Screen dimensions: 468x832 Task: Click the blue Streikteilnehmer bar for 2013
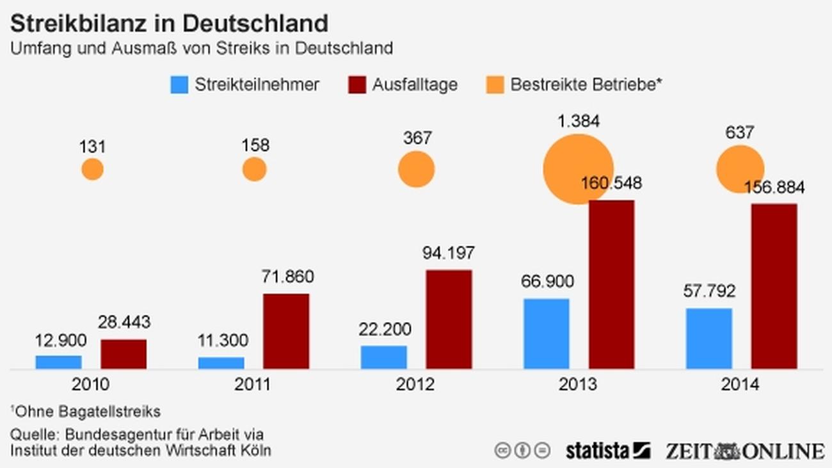pos(546,334)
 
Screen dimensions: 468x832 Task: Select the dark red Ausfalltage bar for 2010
pos(124,354)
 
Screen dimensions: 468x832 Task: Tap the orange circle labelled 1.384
pos(578,169)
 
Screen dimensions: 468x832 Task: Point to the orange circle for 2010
pos(92,170)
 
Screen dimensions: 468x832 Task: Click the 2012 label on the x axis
pos(415,385)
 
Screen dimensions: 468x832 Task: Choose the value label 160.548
pos(611,184)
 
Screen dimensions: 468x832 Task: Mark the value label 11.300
pos(222,341)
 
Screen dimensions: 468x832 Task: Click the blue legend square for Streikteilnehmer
pos(179,85)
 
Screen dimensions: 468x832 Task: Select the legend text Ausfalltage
pos(415,85)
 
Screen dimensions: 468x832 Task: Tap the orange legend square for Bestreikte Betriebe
pos(494,85)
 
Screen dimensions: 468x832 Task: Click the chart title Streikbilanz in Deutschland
pos(169,24)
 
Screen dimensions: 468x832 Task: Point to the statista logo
pos(607,450)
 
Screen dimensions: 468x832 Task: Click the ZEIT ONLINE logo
pos(744,450)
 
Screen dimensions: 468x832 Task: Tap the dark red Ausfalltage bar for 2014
pos(774,286)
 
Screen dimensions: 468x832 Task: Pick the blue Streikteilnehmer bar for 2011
pos(221,363)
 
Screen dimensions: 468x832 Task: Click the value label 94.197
pos(449,253)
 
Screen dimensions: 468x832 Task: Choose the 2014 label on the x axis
pos(740,385)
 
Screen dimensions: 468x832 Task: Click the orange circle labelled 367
pos(416,170)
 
